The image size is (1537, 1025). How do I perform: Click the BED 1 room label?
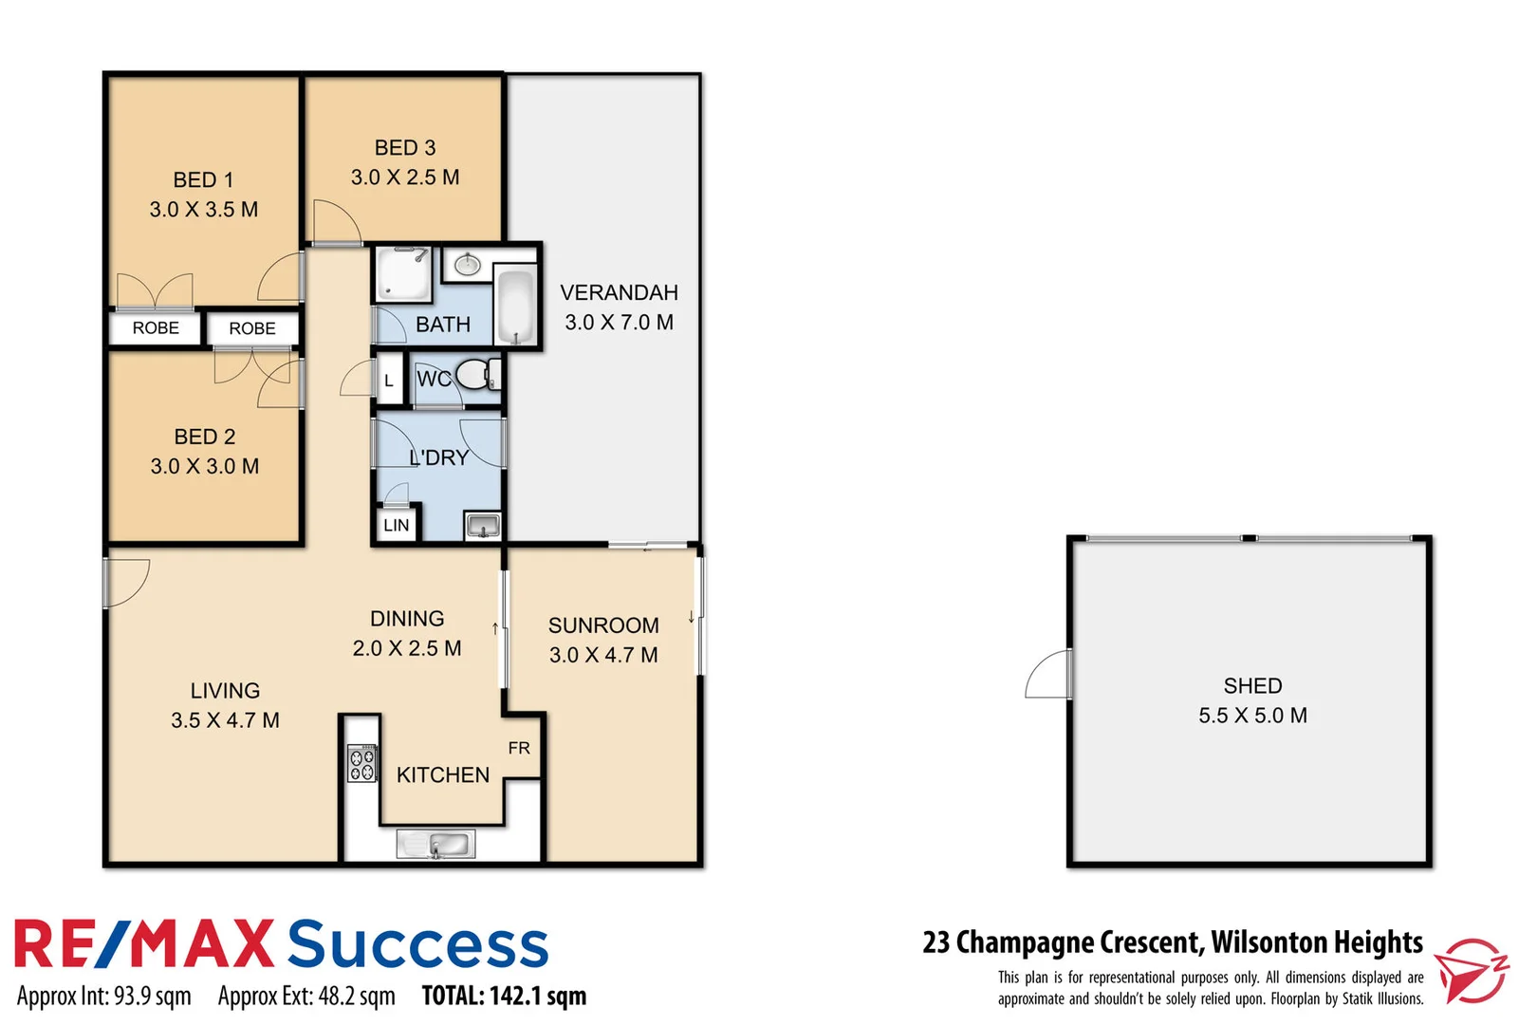203,179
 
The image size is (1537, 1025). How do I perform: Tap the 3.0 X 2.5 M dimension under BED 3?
405,177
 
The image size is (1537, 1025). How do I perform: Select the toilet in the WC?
473,374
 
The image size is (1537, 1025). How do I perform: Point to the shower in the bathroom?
402,273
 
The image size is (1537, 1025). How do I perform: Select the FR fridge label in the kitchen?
519,748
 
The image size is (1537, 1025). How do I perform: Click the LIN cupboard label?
397,525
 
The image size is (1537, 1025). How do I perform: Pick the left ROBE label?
156,327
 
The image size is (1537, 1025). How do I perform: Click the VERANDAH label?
619,292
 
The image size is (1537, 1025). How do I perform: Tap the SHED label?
1252,685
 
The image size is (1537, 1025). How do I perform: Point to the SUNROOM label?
603,625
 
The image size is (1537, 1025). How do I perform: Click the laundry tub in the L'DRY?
482,525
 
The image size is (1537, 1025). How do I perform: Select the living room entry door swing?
126,582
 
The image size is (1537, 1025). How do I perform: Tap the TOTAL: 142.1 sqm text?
504,996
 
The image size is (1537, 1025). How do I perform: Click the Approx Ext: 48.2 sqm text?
306,996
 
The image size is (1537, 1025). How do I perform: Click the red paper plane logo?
1470,970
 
